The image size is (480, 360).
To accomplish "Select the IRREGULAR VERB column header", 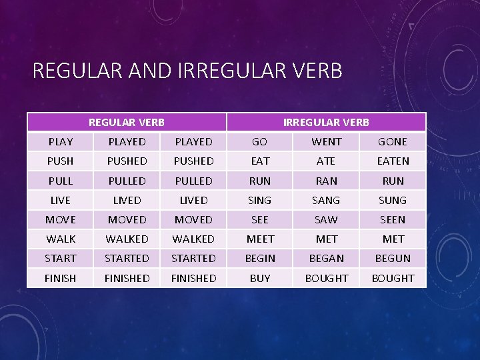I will click(326, 122).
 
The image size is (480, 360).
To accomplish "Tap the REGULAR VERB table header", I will click(127, 122).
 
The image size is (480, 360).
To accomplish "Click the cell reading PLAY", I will click(61, 141).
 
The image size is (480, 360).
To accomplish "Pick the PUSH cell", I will click(61, 161).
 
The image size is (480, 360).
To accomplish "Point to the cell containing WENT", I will click(327, 141).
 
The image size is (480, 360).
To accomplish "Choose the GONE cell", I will click(393, 141).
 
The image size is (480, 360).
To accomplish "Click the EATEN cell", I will click(393, 161).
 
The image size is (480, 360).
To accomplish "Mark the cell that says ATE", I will click(327, 161).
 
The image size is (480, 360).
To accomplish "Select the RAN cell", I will click(327, 181).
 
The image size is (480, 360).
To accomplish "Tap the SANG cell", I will click(327, 200).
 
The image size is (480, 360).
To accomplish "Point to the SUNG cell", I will click(393, 200).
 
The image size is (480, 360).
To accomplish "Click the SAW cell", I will click(327, 219).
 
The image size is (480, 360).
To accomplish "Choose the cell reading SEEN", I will click(393, 219).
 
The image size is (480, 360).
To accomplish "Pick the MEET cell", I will click(260, 239).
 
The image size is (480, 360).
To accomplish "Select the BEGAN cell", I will click(327, 258).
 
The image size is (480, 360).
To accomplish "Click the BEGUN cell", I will click(393, 258).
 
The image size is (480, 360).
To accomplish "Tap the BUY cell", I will click(260, 278).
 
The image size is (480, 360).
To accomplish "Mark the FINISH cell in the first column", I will click(61, 278).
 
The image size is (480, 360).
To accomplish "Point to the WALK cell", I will click(61, 239).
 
